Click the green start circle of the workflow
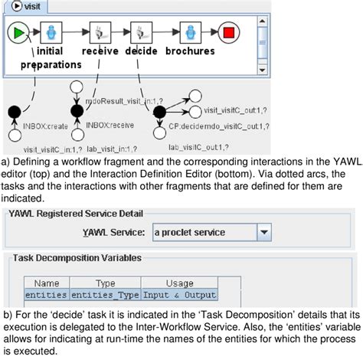tap(18, 34)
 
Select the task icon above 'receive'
tap(99, 34)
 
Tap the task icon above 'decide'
tap(142, 34)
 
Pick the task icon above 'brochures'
tap(184, 34)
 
